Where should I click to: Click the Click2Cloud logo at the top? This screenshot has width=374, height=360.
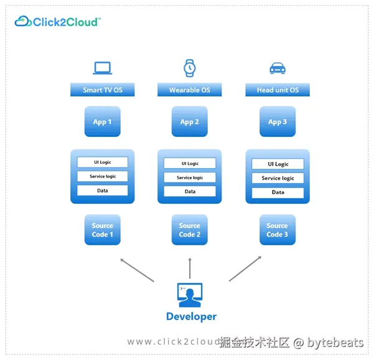(57, 22)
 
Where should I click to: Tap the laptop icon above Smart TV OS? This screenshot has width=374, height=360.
(102, 68)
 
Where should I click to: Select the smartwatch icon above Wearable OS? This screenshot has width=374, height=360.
(189, 67)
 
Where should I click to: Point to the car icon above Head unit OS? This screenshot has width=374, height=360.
(277, 68)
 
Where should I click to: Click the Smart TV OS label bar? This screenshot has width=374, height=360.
(103, 90)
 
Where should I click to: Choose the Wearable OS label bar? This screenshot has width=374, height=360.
(189, 90)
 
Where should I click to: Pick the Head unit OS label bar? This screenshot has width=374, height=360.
(278, 90)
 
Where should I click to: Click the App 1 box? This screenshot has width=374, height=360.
(102, 121)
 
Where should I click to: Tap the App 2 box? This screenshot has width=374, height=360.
(189, 121)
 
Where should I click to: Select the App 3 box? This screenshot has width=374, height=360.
(278, 121)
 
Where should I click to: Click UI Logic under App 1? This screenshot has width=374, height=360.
(102, 162)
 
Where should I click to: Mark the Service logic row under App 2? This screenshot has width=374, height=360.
(189, 178)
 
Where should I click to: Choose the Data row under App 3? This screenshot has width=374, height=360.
(278, 192)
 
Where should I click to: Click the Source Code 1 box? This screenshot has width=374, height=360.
(102, 230)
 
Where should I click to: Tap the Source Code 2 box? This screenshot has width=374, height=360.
(189, 230)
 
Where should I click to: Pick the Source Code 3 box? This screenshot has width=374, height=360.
(277, 230)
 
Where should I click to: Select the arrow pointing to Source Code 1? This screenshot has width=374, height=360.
(137, 270)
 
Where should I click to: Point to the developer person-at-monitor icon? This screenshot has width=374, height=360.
(190, 295)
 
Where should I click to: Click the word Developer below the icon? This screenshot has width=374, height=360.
(191, 316)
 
